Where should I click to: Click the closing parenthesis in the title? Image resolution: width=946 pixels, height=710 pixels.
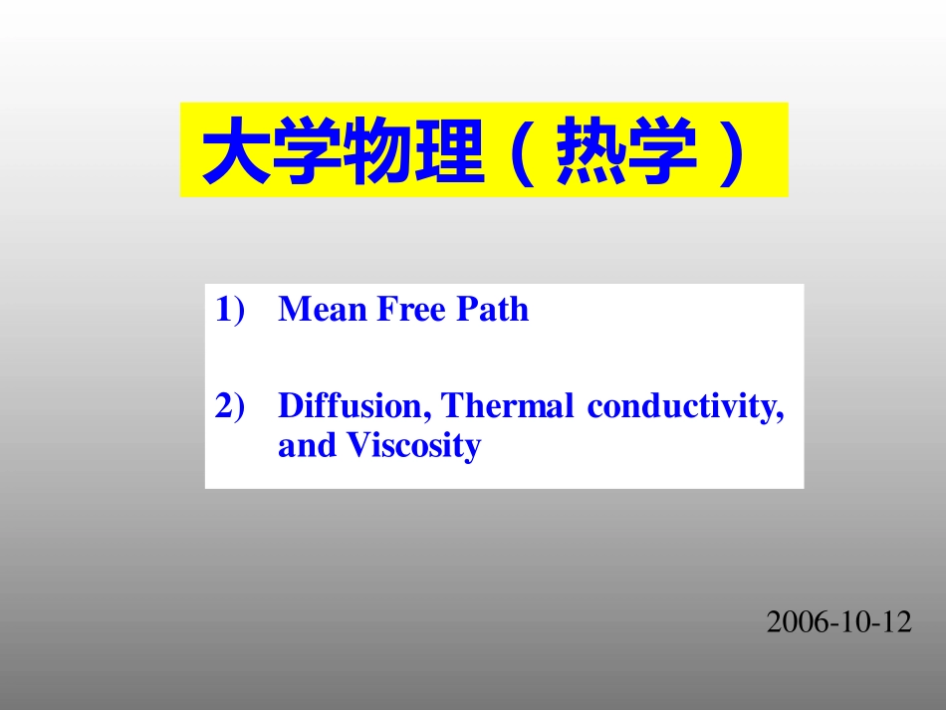[732, 151]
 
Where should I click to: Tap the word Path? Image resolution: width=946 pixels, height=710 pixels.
[493, 310]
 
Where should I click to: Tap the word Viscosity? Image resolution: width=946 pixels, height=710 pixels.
[413, 446]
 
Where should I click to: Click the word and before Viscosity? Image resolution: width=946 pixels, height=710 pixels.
[308, 446]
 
